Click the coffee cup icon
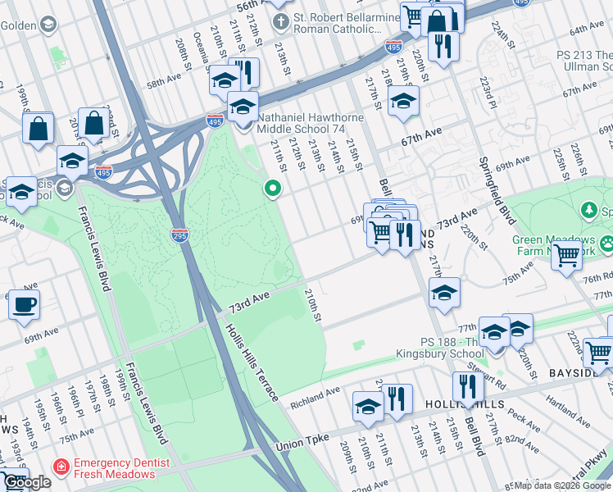click(24, 304)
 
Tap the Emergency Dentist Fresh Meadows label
click(122, 469)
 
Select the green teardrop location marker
click(272, 189)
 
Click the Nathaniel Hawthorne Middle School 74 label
click(310, 123)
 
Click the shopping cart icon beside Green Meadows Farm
click(566, 257)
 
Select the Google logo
click(28, 483)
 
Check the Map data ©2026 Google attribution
click(562, 485)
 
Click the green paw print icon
click(607, 244)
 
